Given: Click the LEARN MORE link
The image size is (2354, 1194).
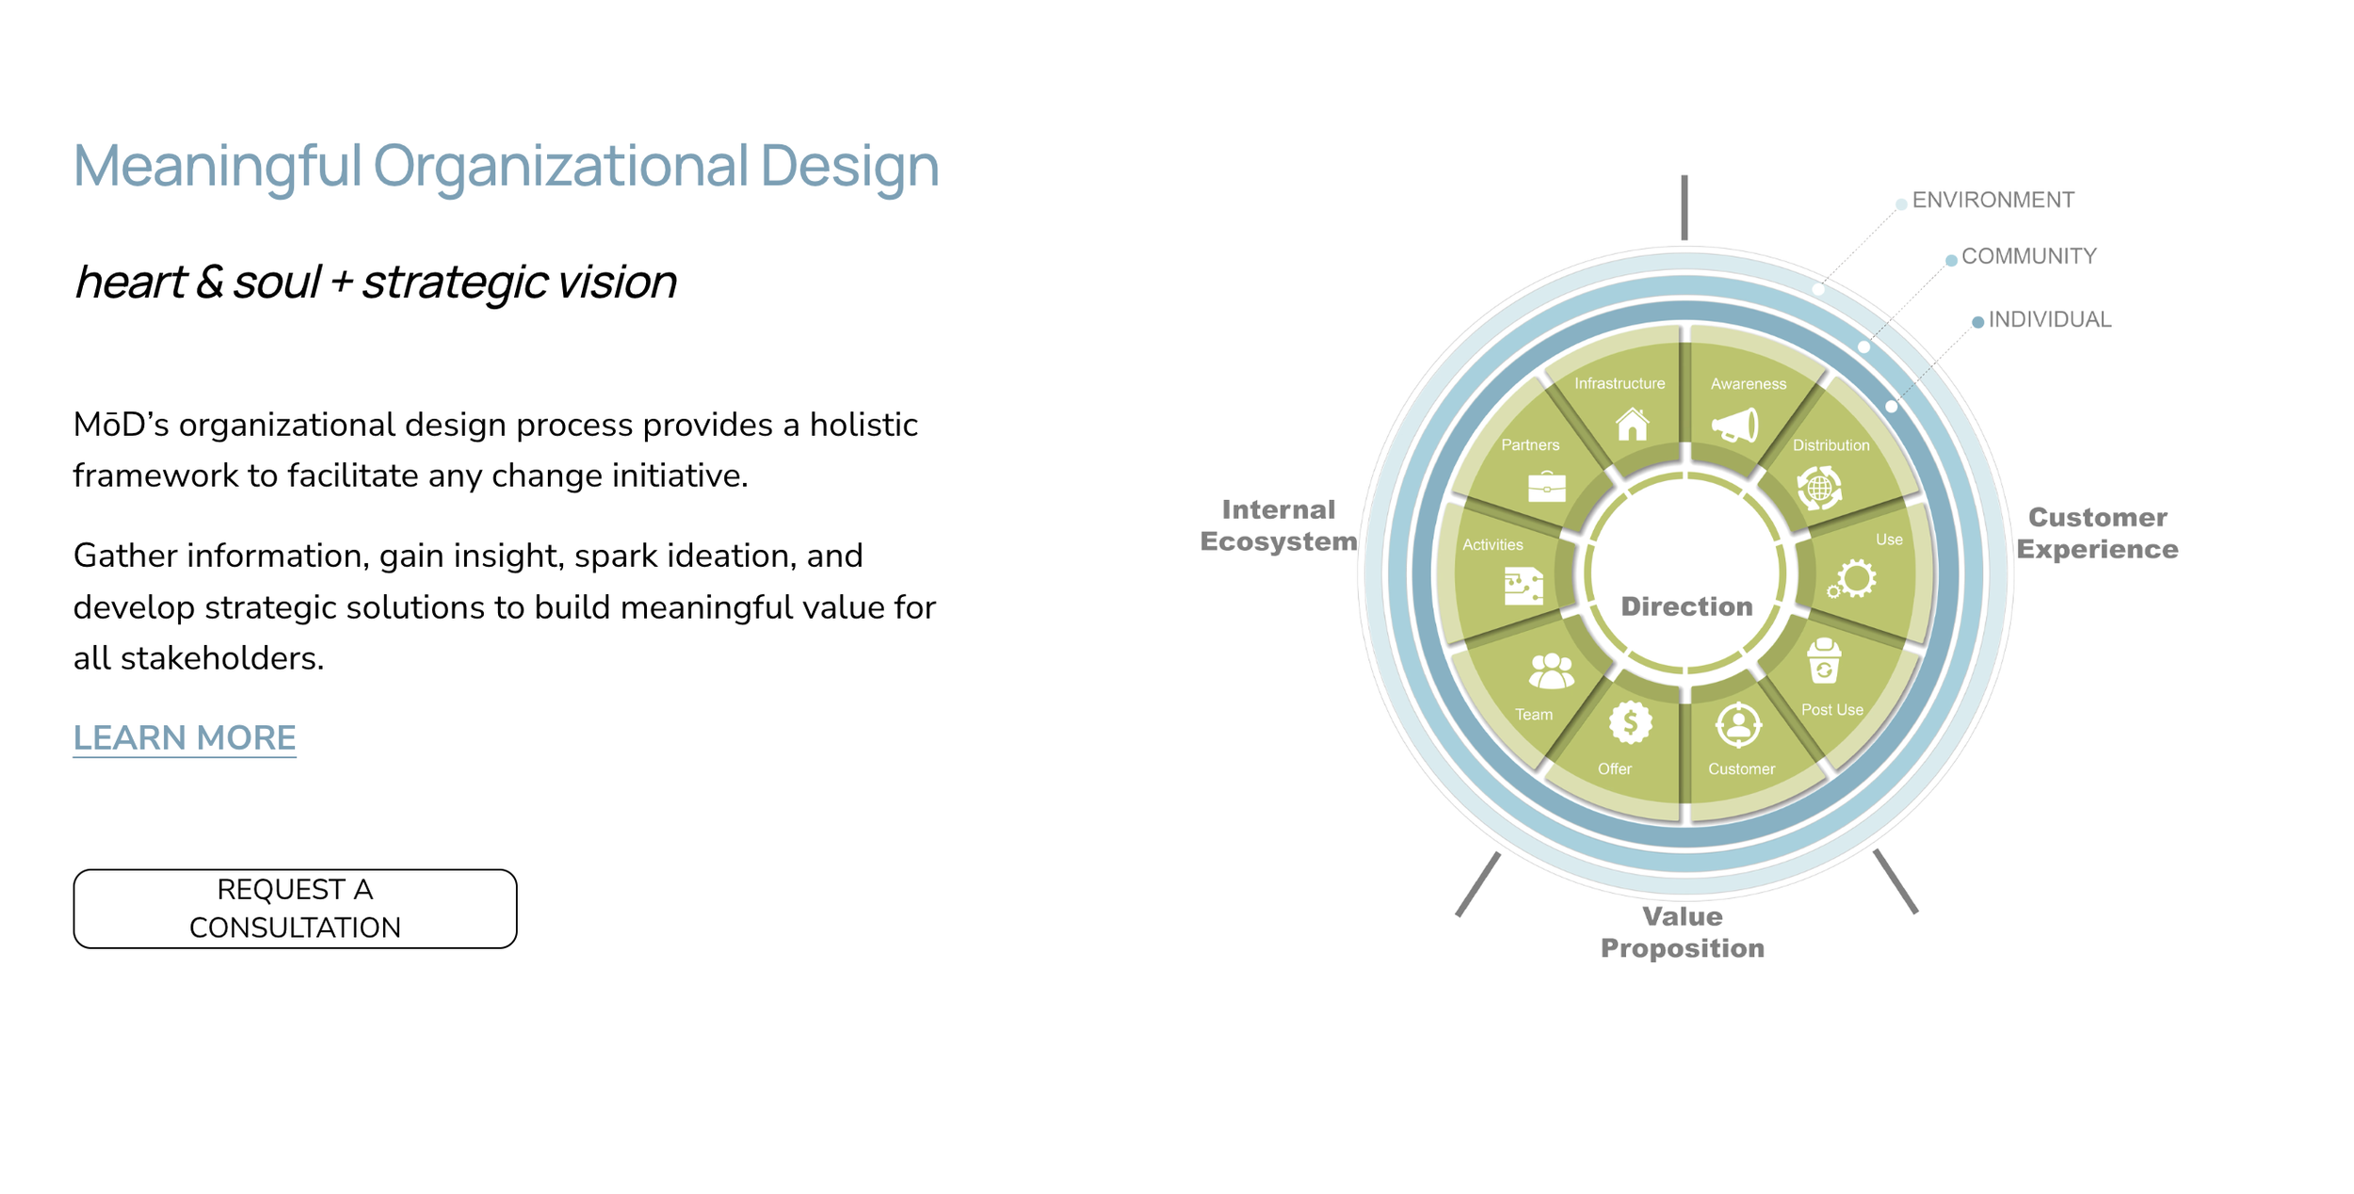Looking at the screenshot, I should click(185, 737).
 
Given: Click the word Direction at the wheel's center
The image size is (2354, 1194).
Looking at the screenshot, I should click(1686, 606).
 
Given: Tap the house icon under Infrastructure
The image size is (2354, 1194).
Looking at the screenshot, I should click(1632, 425).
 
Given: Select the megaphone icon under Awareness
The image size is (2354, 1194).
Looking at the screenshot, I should click(1735, 426).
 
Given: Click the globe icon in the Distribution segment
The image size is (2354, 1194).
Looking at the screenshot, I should click(1819, 488).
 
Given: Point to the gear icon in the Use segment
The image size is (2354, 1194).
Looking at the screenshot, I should click(1853, 579).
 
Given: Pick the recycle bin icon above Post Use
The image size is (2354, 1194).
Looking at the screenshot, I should click(1824, 661).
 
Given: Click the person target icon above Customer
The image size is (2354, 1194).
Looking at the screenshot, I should click(1738, 724).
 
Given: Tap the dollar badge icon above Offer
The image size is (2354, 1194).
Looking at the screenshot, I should click(1630, 723).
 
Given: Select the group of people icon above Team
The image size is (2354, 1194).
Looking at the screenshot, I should click(1551, 671).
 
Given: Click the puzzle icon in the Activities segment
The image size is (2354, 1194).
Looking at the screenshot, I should click(1523, 586).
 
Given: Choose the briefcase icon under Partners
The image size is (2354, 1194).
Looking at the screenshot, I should click(1546, 487).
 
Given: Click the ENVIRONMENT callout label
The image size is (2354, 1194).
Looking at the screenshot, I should click(1992, 200).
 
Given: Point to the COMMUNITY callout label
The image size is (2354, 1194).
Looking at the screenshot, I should click(2028, 256).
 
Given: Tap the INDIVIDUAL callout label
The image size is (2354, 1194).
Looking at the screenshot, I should click(2049, 319).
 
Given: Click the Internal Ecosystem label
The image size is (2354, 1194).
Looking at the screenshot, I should click(1278, 525).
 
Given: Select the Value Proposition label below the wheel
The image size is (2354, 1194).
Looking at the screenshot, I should click(1682, 932).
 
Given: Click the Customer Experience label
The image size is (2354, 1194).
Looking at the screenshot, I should click(2097, 533).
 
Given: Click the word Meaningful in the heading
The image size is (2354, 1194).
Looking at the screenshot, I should click(218, 165).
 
